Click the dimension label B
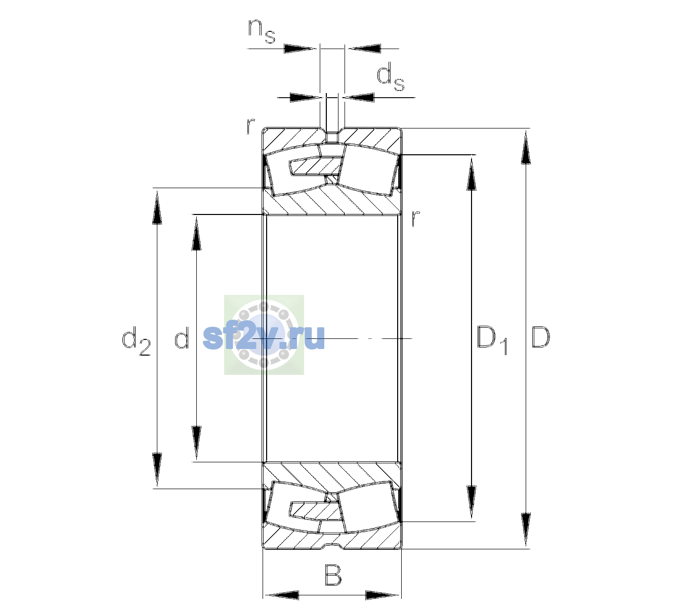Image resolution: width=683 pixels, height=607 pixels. [333, 575]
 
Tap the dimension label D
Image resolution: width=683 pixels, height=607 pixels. [540, 337]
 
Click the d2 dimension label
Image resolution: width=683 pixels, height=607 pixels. [136, 340]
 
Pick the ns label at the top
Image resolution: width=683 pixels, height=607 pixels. [262, 31]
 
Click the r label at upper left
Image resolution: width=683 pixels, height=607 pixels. [250, 126]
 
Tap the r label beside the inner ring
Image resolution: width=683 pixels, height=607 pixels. [415, 218]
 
